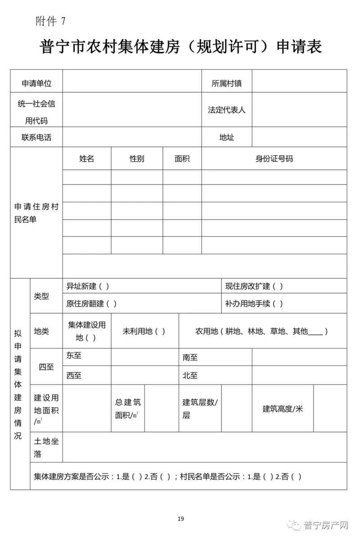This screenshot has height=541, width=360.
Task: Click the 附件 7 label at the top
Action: point(50,21)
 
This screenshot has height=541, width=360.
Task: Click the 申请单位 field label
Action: point(36,83)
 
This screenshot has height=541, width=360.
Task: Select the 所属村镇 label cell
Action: point(227,83)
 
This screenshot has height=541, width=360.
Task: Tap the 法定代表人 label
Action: point(227,110)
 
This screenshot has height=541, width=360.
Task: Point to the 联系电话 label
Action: point(36,137)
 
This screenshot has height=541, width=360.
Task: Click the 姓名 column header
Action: point(87,159)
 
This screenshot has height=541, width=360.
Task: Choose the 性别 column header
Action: point(137,159)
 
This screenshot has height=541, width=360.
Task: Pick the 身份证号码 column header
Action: point(274,159)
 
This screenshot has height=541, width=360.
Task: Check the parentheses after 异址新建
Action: point(104,286)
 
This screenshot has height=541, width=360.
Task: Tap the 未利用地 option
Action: point(144,331)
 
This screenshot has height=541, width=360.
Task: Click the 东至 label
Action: point(74,355)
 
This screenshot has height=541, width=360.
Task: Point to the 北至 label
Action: point(190,376)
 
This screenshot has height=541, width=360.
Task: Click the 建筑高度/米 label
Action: point(283,409)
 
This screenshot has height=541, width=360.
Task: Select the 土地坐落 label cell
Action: point(46,447)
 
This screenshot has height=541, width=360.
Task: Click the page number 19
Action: point(180,519)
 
